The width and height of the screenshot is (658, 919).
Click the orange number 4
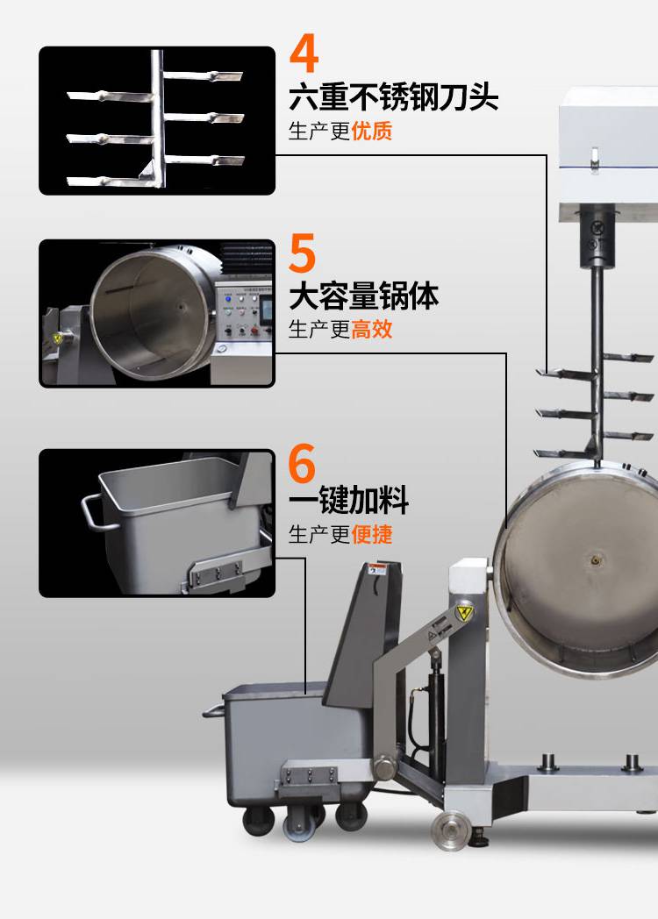[x=304, y=53]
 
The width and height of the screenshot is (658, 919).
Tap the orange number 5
[x=303, y=253]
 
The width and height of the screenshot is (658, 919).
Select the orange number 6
[x=302, y=463]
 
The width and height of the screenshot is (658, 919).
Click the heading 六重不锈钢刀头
[x=394, y=96]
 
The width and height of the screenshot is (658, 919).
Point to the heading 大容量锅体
[x=363, y=296]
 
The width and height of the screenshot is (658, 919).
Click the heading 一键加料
[x=348, y=500]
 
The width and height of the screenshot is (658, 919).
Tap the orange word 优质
[x=372, y=131]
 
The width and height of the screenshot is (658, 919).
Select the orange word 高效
[x=372, y=329]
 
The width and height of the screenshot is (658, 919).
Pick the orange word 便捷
[x=372, y=534]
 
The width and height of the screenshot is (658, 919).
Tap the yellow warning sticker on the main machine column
[x=464, y=613]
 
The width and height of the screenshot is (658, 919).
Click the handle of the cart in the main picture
[x=213, y=711]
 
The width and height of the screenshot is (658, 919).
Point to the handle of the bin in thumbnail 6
[x=93, y=511]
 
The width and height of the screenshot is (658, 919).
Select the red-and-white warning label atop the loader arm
[x=376, y=570]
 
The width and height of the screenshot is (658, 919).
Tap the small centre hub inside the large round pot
[x=597, y=559]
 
